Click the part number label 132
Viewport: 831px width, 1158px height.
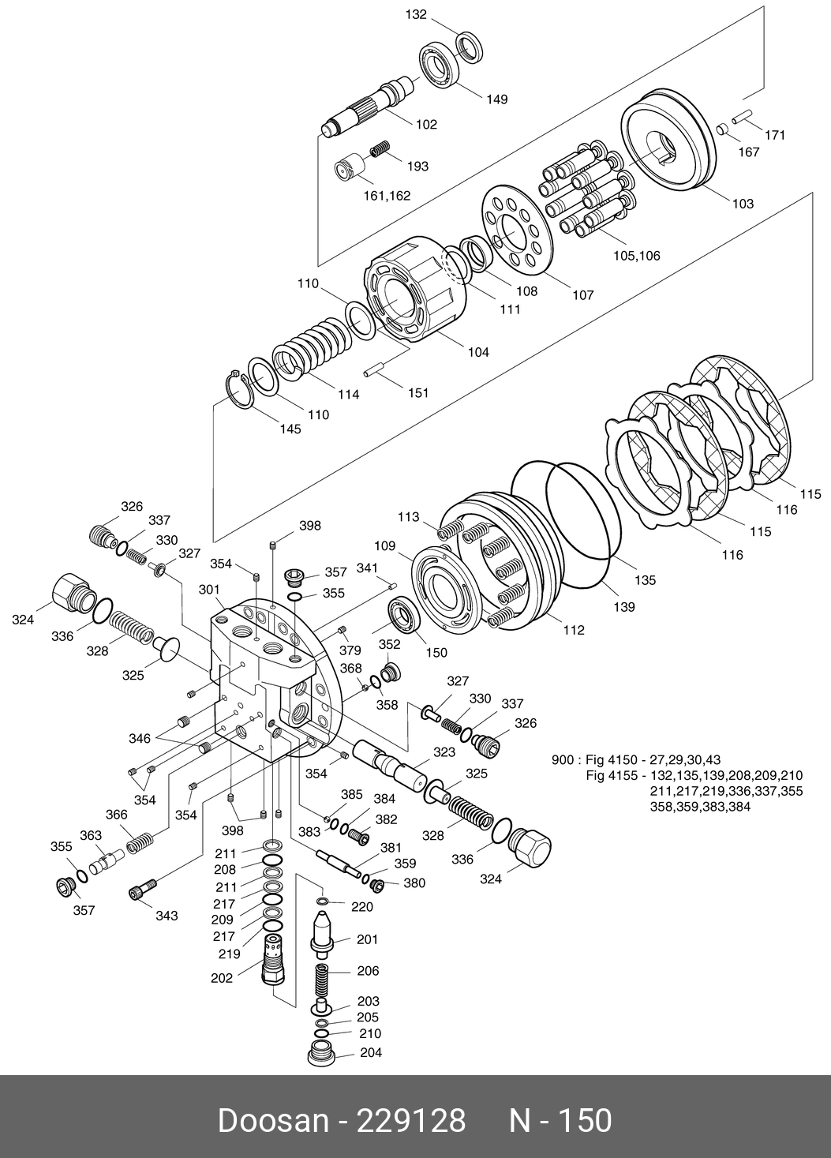coord(416,15)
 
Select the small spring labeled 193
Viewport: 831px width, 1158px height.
coord(380,148)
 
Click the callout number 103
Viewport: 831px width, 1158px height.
coord(743,204)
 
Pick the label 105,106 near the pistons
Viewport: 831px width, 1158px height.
coord(636,256)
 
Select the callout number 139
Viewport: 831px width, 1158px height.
coord(623,608)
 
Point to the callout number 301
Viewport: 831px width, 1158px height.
coord(209,590)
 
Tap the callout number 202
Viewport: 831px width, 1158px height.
coord(222,978)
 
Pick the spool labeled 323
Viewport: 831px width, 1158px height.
coord(384,763)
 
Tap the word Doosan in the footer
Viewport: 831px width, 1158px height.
coord(272,1121)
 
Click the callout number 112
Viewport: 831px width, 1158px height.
coord(574,630)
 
